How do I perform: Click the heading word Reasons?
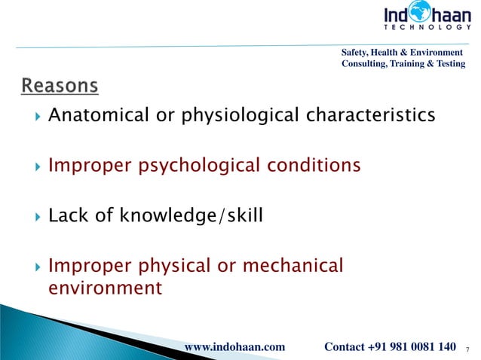click(59, 87)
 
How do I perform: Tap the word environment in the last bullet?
click(105, 287)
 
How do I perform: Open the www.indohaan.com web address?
click(234, 346)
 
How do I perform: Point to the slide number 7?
click(469, 349)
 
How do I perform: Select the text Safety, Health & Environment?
click(402, 52)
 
